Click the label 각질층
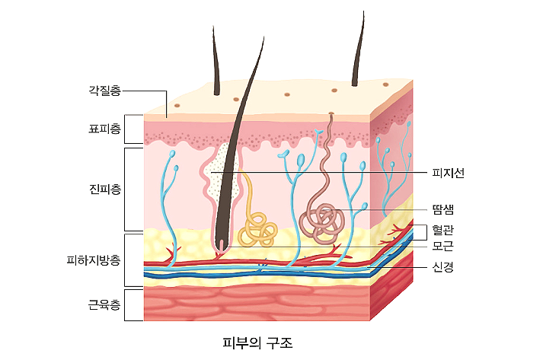click(104, 90)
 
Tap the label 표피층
click(104, 129)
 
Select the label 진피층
click(104, 189)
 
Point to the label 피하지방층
click(94, 260)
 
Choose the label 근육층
click(104, 304)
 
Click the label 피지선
click(448, 173)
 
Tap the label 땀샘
click(442, 209)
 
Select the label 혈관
click(442, 230)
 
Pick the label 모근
click(442, 246)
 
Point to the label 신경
click(442, 266)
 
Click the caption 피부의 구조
click(257, 343)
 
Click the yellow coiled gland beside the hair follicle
click(257, 229)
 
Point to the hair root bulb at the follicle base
click(222, 245)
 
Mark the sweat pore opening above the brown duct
click(331, 113)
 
